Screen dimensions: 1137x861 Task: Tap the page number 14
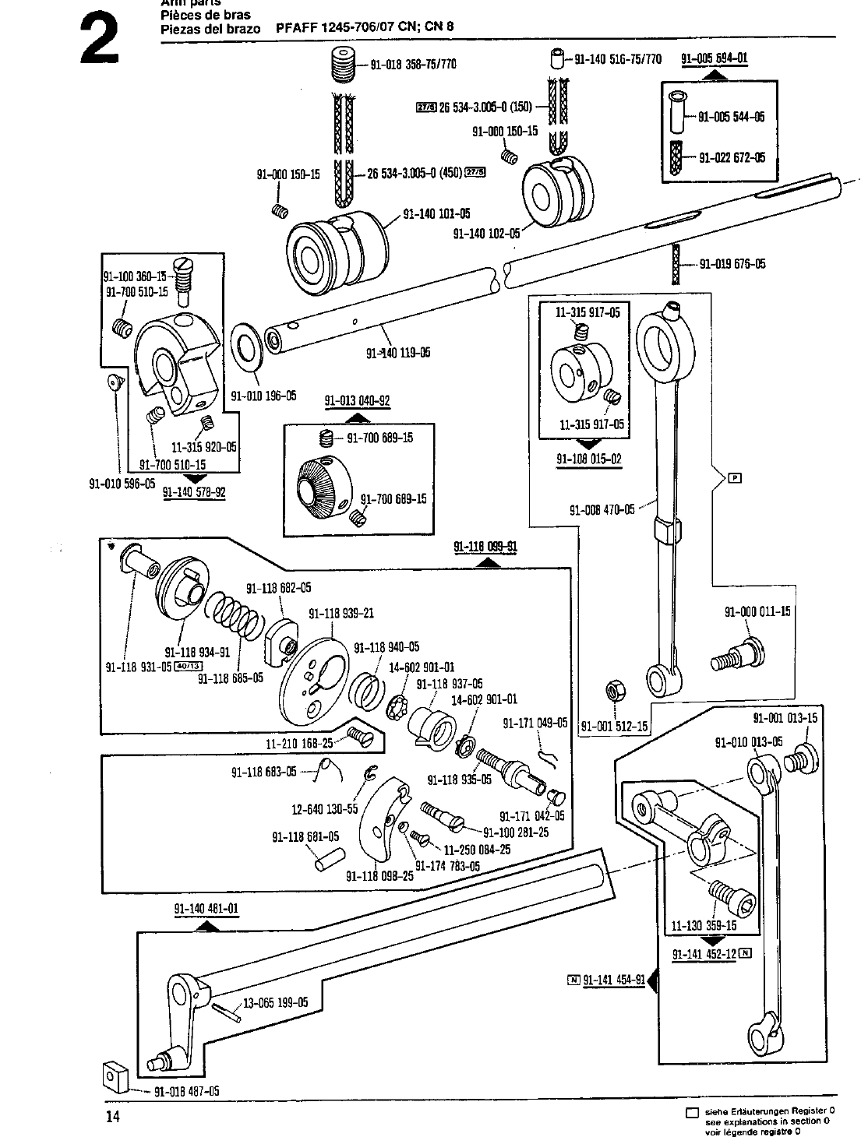pyautogui.click(x=114, y=1117)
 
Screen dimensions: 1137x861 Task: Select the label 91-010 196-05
pyautogui.click(x=263, y=396)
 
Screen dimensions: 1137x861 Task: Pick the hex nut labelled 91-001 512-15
pyautogui.click(x=614, y=690)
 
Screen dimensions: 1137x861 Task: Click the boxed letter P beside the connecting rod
pyautogui.click(x=733, y=478)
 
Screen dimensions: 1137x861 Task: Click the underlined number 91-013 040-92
pyautogui.click(x=357, y=402)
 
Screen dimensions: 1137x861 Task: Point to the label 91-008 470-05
pyautogui.click(x=602, y=511)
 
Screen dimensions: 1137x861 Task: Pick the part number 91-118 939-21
pyautogui.click(x=341, y=613)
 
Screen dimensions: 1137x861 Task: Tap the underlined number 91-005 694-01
pyautogui.click(x=715, y=58)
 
